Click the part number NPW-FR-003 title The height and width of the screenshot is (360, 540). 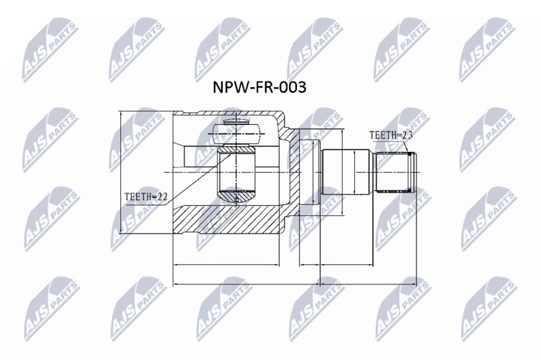tap(259, 87)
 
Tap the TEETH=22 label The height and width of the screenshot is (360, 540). tap(146, 197)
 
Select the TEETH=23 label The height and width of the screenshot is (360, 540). tap(391, 135)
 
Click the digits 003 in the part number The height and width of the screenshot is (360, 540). tap(292, 87)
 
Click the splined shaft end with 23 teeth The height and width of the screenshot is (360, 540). tap(396, 172)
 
